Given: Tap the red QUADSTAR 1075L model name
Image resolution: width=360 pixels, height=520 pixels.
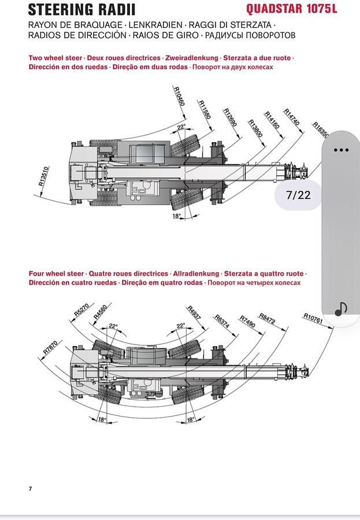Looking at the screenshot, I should coord(291,9).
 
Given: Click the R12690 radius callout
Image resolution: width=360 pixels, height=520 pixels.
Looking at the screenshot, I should coord(231,118).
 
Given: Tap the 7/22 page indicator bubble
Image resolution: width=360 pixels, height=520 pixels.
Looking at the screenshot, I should coord(298,195).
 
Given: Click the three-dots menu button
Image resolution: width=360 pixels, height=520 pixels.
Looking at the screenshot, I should coord(341,150).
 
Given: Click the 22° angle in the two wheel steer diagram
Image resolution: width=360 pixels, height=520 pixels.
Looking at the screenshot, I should coord(181,127).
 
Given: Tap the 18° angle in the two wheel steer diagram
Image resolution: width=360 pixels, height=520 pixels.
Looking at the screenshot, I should coord(176,216).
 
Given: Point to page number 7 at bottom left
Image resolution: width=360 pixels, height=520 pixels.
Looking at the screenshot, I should coord(30,489).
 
